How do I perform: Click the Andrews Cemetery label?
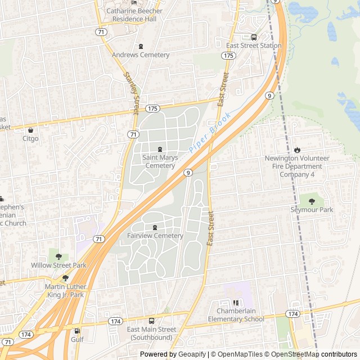141,55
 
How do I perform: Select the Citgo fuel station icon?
30,130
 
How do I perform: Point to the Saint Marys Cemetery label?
160,161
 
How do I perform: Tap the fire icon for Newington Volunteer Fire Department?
297,150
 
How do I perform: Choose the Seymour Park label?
312,210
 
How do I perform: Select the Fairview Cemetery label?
155,236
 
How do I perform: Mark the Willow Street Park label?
58,265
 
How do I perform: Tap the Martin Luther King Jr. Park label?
64,290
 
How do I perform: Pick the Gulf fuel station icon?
77,331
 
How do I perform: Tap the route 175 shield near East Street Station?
228,55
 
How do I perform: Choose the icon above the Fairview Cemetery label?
155,227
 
